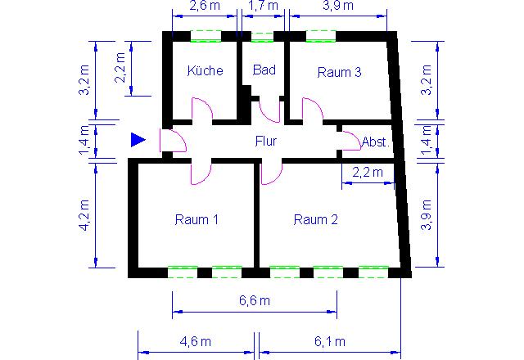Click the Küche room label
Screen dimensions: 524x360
[205, 70]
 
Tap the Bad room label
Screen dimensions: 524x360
[264, 70]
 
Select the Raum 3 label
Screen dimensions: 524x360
[339, 72]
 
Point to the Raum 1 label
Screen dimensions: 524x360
[196, 219]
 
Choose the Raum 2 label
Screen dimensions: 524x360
[315, 219]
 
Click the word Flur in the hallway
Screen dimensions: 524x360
[265, 141]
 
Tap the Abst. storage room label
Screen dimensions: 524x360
[376, 142]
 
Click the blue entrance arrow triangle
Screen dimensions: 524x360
[138, 140]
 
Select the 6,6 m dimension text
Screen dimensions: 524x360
[255, 300]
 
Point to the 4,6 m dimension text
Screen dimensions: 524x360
[195, 341]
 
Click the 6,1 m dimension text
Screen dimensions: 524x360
[329, 341]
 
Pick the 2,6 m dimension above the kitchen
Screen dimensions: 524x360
[205, 6]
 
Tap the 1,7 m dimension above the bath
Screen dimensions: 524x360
[263, 6]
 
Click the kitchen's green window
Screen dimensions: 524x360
[206, 36]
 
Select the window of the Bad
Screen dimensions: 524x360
[262, 37]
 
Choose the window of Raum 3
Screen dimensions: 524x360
[321, 36]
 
